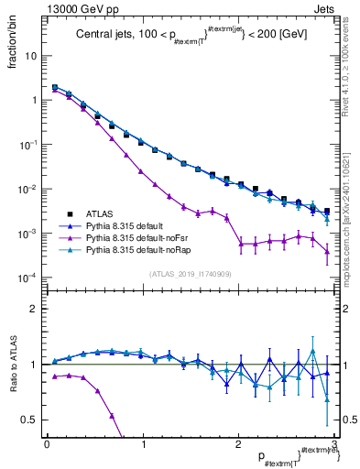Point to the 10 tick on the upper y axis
tap(29, 56)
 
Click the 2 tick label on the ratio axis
tap(34, 310)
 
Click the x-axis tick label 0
tap(47, 444)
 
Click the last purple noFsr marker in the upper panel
tap(327, 251)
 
